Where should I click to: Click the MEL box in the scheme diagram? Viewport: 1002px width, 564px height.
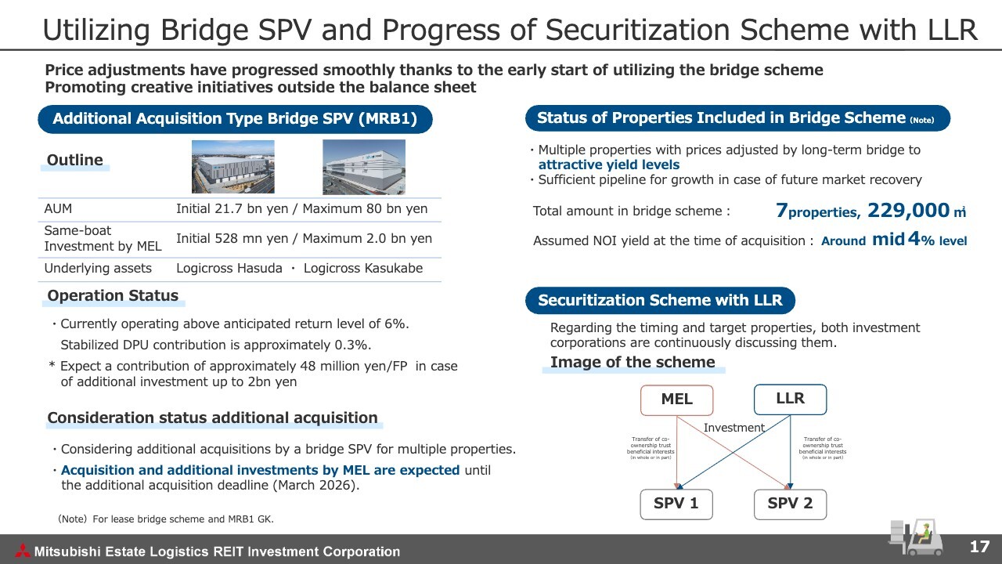pos(676,399)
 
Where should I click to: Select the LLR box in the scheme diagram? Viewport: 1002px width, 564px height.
pos(790,399)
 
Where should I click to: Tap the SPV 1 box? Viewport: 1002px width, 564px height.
pos(676,504)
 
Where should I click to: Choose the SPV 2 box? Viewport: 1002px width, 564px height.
pos(790,504)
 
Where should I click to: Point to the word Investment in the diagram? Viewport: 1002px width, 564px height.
pos(733,428)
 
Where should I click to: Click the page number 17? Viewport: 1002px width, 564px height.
pos(979,547)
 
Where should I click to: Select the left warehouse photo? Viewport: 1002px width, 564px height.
pos(233,167)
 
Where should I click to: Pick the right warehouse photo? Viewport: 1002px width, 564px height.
pos(364,167)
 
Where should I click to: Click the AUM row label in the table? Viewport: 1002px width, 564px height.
pos(58,209)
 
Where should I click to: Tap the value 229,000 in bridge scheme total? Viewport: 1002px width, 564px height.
pos(908,211)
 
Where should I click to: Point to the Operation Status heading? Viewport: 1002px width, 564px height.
pos(113,296)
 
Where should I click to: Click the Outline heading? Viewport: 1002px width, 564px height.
pos(75,161)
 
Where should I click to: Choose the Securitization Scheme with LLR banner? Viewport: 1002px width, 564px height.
pos(659,301)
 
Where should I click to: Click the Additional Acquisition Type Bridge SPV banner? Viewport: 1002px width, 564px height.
pos(235,119)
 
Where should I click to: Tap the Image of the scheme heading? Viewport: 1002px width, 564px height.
pos(632,362)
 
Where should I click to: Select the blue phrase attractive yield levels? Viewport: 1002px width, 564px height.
pos(608,164)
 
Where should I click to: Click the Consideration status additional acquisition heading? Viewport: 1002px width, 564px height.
pos(212,418)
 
